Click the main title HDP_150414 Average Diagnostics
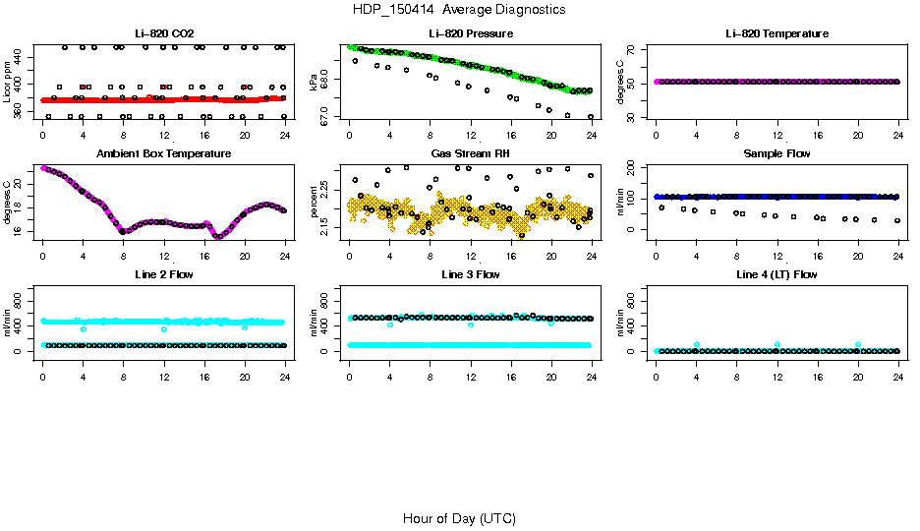459,10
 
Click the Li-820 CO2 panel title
163,33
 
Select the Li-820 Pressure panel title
470,33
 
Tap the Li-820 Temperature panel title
776,33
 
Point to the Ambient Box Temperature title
163,153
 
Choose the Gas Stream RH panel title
470,153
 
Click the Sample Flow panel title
776,153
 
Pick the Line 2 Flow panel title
163,274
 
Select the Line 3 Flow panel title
470,274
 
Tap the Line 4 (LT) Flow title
776,274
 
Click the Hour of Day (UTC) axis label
459,518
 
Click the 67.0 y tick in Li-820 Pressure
328,116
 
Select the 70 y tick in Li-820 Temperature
635,49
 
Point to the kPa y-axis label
314,84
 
